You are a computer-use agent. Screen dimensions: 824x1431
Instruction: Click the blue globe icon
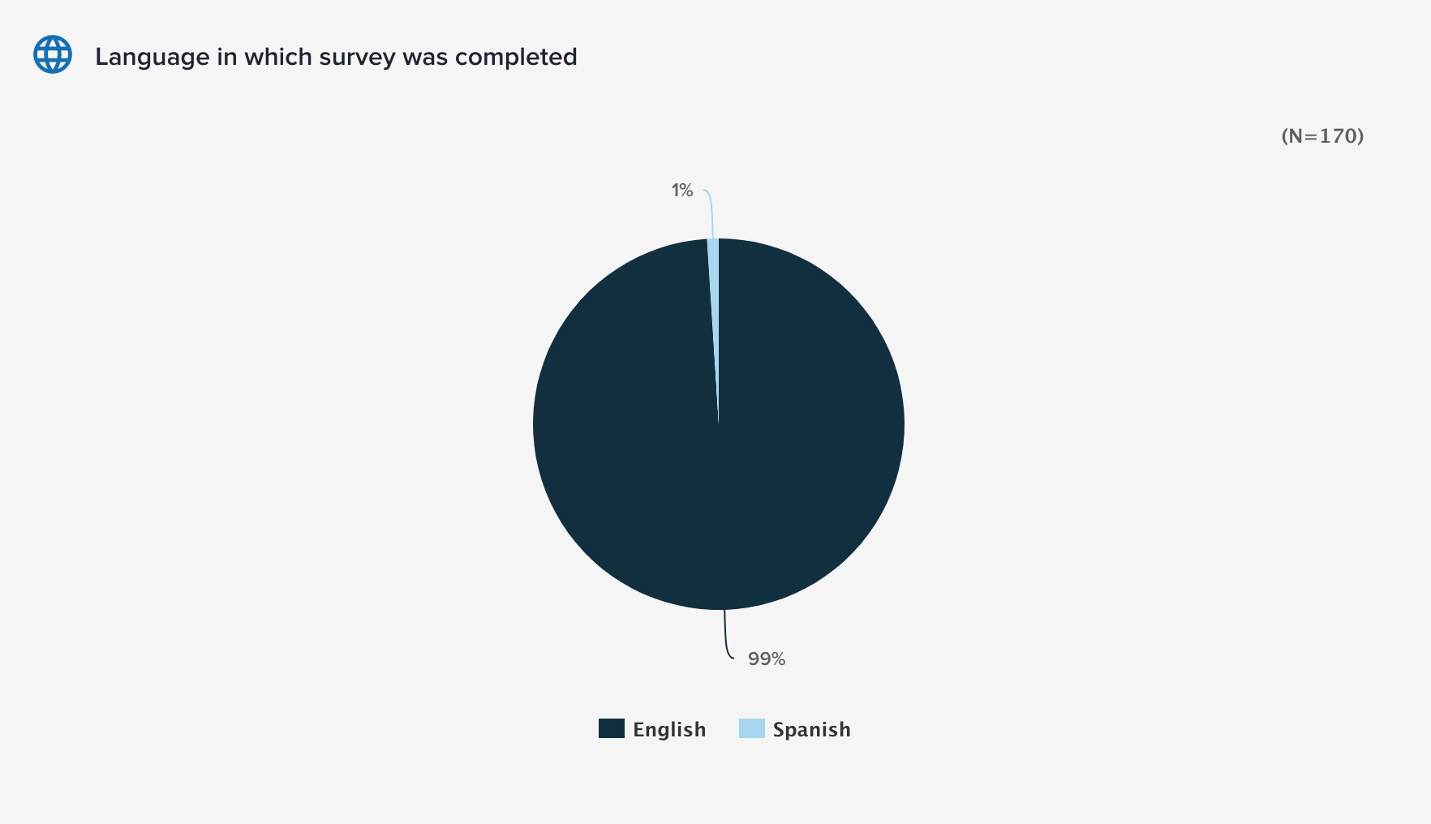[x=53, y=54]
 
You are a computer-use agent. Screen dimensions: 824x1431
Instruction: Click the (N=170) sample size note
[x=1322, y=136]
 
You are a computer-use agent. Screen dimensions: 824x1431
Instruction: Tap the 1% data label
[x=681, y=191]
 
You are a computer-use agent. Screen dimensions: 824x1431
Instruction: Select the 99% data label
[x=767, y=659]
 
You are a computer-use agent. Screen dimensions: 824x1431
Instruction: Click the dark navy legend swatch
[x=612, y=728]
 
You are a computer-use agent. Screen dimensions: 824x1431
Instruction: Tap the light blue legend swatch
[x=752, y=728]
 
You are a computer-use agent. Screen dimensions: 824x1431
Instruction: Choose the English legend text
[x=669, y=730]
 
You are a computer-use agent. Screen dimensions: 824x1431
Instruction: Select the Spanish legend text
[x=811, y=730]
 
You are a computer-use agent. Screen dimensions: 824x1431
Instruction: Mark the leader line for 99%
[x=726, y=637]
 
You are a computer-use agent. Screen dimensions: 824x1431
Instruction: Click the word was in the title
[x=424, y=58]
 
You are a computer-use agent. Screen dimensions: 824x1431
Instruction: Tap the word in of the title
[x=226, y=57]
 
